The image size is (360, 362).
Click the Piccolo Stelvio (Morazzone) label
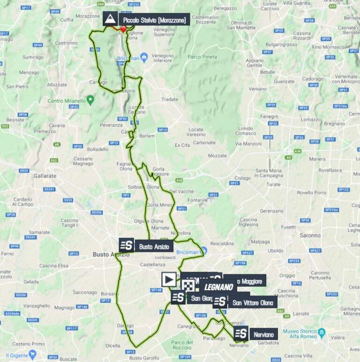point(154,20)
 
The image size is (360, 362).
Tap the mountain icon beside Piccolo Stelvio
point(111,19)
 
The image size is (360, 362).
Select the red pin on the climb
point(123,29)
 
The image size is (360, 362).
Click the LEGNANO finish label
point(219,287)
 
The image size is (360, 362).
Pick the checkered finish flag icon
point(188,286)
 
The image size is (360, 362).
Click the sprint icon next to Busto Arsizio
point(126,245)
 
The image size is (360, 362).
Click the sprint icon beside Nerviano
point(241,333)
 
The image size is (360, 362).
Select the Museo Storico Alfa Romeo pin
point(322,333)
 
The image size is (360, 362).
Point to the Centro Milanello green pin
point(90,99)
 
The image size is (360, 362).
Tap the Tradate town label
point(170,99)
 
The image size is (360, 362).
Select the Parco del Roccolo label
point(182,345)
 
